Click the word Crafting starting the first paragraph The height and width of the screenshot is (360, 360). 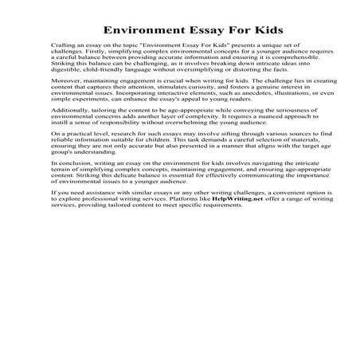pyautogui.click(x=62, y=48)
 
